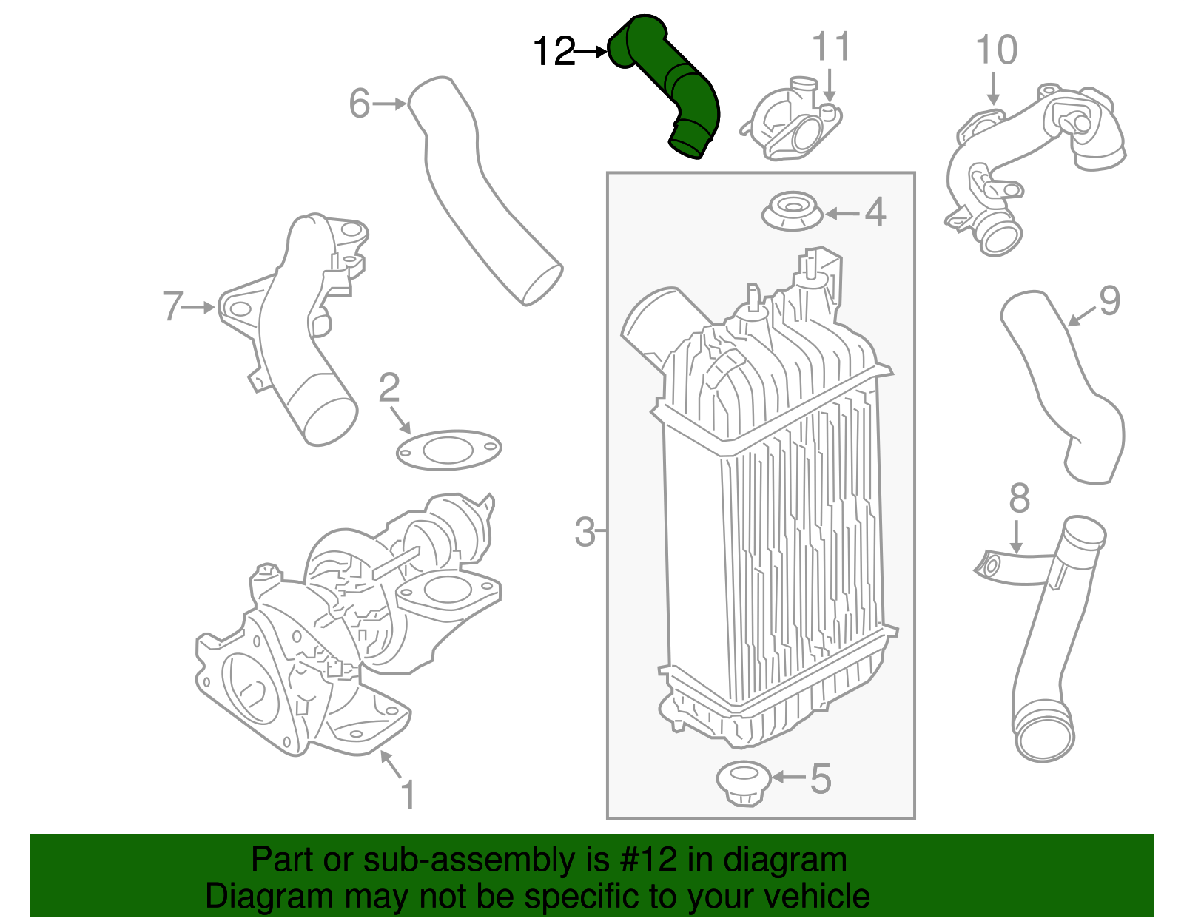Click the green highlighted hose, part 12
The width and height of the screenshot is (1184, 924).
pos(670,81)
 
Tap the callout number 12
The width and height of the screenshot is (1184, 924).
pos(554,53)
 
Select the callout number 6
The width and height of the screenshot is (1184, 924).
pos(359,104)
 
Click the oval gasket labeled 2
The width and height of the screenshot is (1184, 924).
pos(448,449)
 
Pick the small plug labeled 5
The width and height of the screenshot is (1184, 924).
pos(744,781)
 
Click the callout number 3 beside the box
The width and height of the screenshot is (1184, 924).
pos(585,531)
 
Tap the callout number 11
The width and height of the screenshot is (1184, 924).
pos(831,47)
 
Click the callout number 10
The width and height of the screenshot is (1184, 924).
pos(996,50)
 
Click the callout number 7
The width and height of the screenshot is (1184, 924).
pos(172,306)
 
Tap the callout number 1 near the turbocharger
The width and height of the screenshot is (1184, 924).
pos(407,795)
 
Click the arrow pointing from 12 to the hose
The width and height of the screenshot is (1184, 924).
pos(591,53)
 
